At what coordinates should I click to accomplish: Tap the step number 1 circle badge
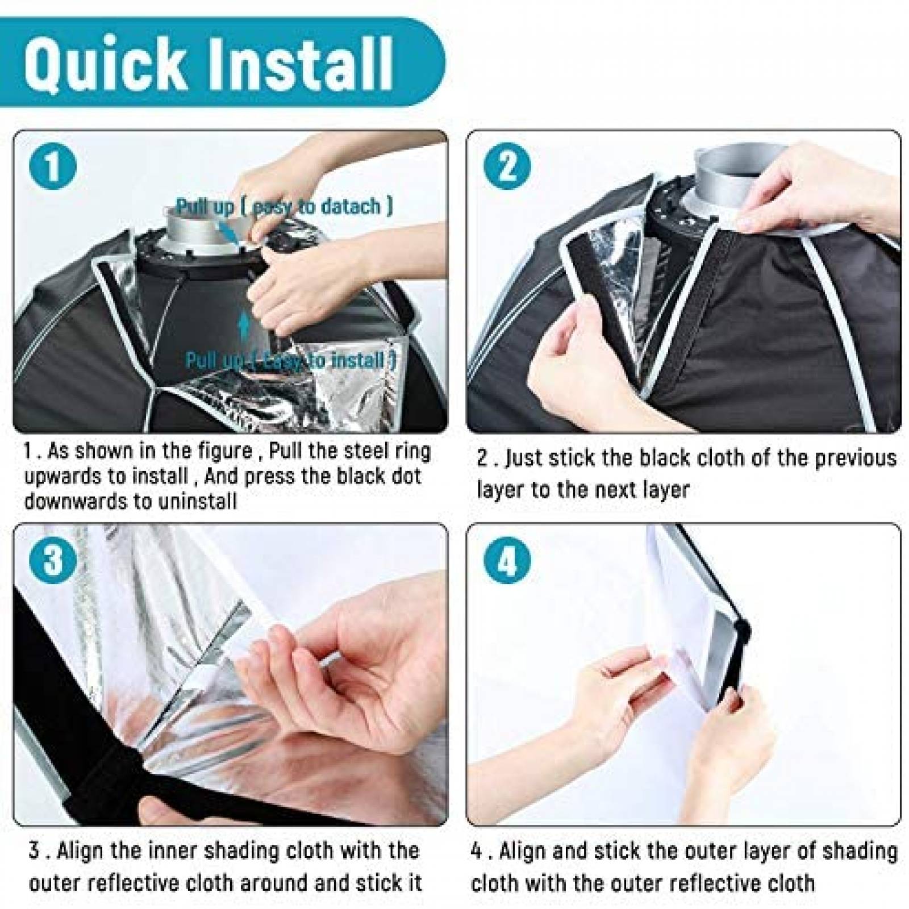[x=52, y=165]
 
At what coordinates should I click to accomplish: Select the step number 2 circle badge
[x=507, y=165]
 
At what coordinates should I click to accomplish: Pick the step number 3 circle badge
[x=52, y=559]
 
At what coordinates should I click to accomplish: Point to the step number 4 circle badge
[x=507, y=559]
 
